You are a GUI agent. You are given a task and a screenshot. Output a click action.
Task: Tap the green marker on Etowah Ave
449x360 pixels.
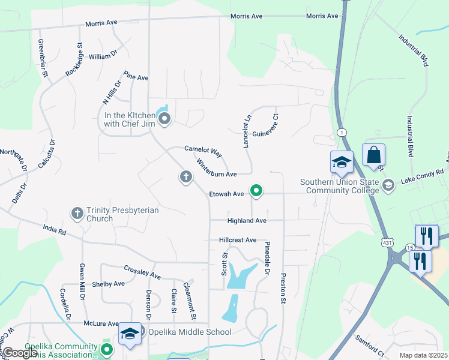click(256, 191)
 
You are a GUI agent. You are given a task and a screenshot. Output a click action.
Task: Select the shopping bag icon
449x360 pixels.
click(373, 155)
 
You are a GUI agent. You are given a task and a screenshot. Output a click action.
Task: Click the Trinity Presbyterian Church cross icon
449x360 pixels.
click(77, 213)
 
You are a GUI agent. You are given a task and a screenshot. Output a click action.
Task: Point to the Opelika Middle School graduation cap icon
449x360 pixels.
click(129, 334)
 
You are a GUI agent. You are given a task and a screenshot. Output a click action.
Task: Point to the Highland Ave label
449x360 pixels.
click(246, 221)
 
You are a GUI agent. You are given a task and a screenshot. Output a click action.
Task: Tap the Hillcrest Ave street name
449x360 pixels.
click(238, 240)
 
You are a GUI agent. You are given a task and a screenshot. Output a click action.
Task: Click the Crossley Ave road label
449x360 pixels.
click(142, 272)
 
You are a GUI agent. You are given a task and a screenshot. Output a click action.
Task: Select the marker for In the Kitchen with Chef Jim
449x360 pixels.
click(164, 118)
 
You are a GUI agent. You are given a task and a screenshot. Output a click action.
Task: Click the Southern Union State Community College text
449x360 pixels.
click(340, 186)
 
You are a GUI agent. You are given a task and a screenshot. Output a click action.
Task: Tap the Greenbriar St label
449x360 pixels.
click(43, 58)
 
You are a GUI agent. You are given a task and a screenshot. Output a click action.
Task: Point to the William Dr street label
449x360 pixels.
click(103, 56)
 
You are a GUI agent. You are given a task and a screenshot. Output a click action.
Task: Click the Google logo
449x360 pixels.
click(19, 353)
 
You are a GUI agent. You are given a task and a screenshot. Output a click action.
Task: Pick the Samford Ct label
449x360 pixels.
click(369, 344)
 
